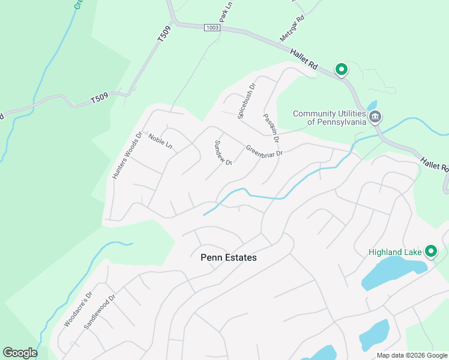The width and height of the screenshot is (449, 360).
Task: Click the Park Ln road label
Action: point(226,12)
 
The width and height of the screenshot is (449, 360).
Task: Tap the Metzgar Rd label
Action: point(292,28)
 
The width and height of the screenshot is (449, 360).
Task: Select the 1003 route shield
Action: point(212,28)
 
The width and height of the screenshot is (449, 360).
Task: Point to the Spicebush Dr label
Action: point(246,101)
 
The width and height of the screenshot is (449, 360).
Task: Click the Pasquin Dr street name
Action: point(271,128)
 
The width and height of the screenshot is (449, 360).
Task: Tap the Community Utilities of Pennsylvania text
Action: point(329,118)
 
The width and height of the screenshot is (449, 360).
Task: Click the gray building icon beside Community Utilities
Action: point(375,116)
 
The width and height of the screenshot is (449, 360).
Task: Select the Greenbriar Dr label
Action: point(264,151)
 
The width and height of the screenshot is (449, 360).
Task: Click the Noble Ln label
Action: point(160,142)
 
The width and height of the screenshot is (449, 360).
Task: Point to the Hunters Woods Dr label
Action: point(126,155)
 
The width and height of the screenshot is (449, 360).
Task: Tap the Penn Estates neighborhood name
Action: point(228,257)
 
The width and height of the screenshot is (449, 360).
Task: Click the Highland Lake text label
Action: point(395,252)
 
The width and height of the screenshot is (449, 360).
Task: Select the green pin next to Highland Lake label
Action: point(430,251)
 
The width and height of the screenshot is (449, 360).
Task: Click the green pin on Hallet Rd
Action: point(341,70)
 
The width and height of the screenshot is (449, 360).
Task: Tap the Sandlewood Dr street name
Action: point(99,312)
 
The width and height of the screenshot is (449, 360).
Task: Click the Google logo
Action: point(20,353)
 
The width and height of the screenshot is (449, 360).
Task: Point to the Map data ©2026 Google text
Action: point(412,355)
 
